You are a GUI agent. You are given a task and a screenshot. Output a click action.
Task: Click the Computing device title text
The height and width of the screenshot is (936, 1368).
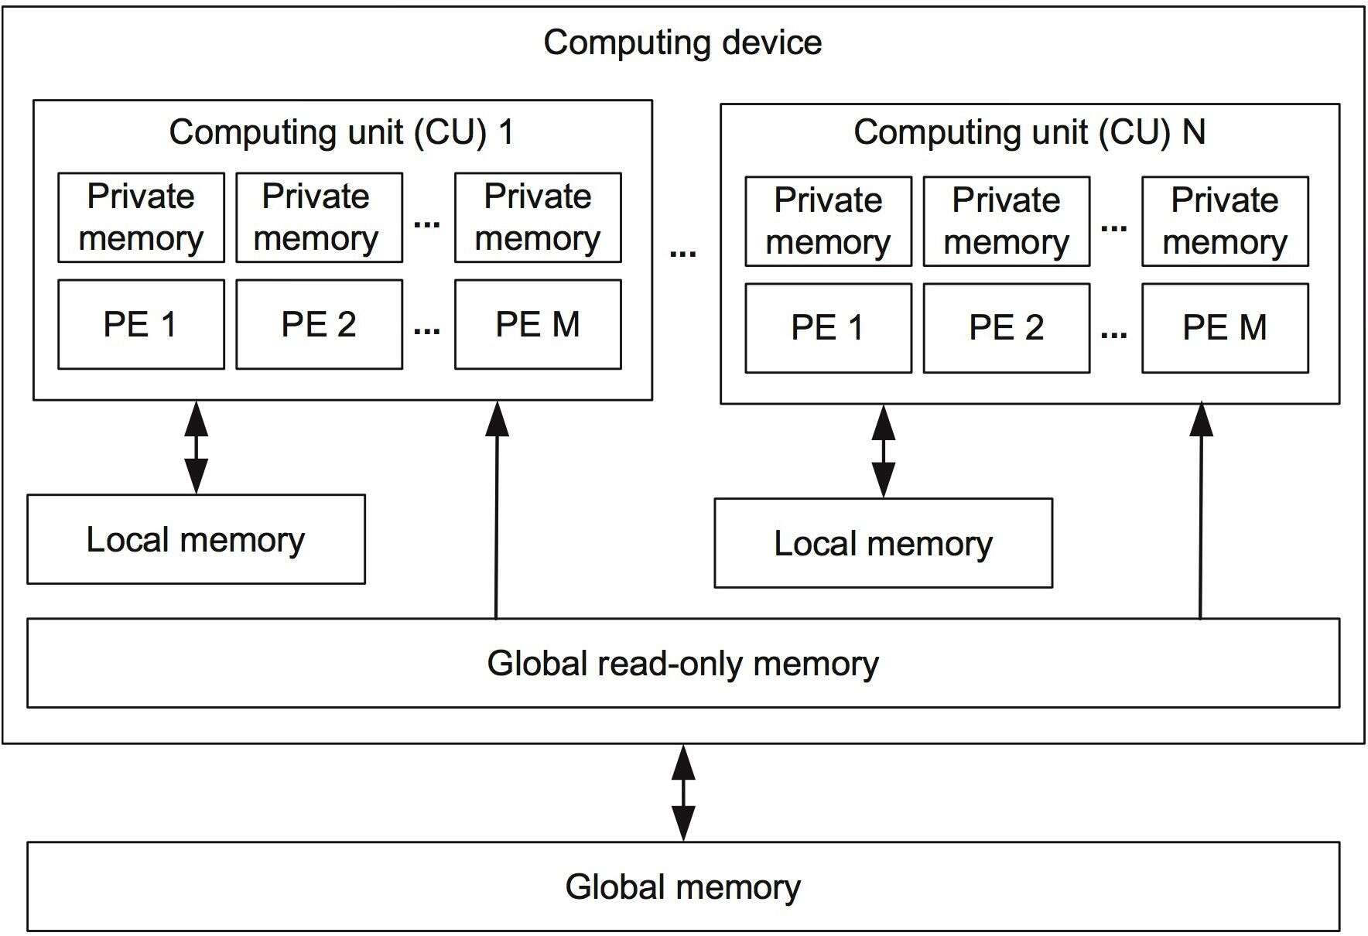[x=682, y=43]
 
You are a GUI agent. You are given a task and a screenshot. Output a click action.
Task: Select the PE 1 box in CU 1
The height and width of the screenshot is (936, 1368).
[x=141, y=324]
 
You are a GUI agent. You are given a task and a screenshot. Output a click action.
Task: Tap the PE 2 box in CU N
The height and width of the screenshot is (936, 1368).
[x=1006, y=328]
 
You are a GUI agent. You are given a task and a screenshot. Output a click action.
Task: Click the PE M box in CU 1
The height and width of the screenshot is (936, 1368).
[x=538, y=324]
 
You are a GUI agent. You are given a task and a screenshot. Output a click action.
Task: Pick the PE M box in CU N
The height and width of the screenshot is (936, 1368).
[x=1225, y=328]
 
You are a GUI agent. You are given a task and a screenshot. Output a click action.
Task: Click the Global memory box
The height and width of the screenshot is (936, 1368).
[x=682, y=886]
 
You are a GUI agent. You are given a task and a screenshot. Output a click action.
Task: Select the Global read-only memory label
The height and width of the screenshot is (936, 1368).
[x=682, y=664]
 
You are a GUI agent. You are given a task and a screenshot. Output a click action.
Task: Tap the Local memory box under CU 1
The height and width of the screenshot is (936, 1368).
[x=196, y=539]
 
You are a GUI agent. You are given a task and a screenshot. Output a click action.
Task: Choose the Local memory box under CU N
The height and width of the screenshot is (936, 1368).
[x=883, y=543]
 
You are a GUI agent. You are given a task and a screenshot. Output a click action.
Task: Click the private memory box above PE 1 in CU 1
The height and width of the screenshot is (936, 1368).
[x=141, y=217]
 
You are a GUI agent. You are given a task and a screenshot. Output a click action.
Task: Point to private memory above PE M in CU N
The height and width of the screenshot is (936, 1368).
[x=1225, y=221]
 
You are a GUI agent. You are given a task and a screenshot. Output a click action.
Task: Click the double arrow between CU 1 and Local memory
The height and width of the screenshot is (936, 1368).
[x=197, y=447]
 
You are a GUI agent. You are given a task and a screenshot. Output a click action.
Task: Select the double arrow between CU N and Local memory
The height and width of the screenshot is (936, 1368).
[x=883, y=451]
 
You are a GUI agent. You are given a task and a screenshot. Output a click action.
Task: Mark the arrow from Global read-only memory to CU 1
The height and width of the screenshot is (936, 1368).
[x=497, y=511]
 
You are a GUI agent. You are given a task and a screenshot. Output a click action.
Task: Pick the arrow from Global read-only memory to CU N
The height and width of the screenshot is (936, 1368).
[x=1201, y=511]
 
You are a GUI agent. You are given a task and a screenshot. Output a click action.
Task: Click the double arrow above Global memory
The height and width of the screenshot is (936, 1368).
[x=682, y=793]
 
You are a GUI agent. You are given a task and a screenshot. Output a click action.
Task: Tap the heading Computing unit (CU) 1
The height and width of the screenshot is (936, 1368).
[x=341, y=132]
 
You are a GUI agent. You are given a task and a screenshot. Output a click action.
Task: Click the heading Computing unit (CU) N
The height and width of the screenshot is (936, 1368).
[x=1029, y=132]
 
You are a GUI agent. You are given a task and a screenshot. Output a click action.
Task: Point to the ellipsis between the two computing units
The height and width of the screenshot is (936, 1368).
[x=682, y=253]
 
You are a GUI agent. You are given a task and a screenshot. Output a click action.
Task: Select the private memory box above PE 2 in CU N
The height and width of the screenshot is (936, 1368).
[x=1006, y=221]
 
